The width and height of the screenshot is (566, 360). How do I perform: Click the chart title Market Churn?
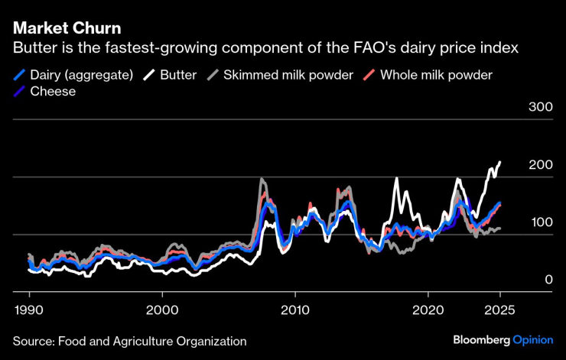[x=67, y=30]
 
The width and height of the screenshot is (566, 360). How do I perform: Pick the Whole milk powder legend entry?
[x=436, y=75]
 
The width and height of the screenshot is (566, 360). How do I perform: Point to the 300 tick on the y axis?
[x=540, y=107]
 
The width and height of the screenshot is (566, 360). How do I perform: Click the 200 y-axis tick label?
[x=540, y=165]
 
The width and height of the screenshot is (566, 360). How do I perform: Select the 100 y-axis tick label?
[x=540, y=222]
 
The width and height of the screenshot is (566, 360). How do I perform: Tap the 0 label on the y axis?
[x=548, y=280]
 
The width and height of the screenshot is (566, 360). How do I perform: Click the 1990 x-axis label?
[x=29, y=311]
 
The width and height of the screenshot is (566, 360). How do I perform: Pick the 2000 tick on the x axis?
[x=162, y=311]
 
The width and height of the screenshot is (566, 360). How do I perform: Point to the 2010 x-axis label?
[x=294, y=311]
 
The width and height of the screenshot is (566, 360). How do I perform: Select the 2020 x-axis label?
[x=427, y=311]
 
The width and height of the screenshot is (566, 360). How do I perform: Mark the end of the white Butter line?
[x=500, y=162]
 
